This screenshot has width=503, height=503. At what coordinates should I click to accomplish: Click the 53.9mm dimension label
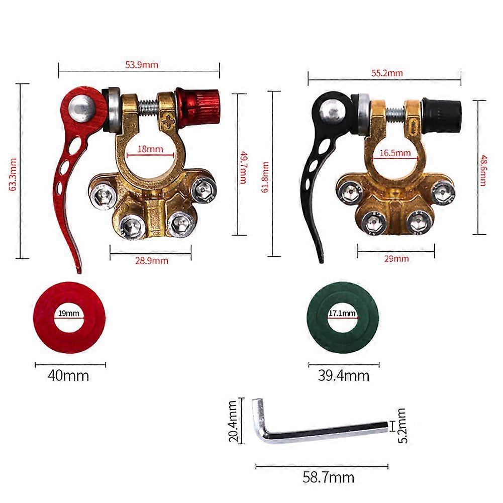point(142,65)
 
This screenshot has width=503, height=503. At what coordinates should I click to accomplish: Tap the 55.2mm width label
point(387,73)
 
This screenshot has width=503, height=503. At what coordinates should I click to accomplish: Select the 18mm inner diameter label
point(150,149)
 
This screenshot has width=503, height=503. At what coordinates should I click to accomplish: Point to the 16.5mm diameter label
point(395,153)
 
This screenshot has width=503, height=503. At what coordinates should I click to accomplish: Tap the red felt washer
point(69,318)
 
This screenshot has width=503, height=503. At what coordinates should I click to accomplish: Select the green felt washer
point(342,318)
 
